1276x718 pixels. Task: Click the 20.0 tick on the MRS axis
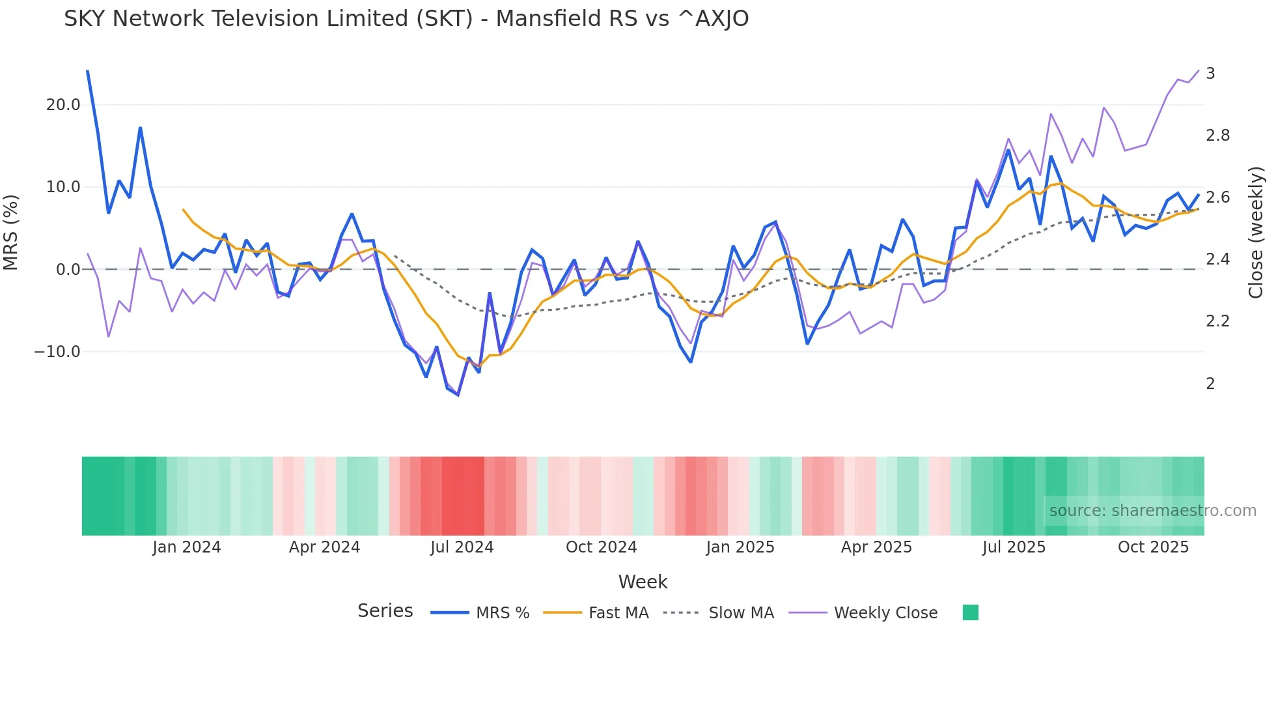(62, 105)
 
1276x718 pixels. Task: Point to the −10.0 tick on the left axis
(57, 352)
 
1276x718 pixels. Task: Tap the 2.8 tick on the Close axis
(1217, 136)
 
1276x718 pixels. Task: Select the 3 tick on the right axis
(1210, 74)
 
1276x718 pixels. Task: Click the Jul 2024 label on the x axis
(462, 547)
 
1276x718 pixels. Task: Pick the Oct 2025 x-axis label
(1153, 547)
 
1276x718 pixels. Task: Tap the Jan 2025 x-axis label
(740, 547)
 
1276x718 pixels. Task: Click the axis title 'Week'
(643, 582)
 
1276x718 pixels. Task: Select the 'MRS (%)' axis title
(11, 233)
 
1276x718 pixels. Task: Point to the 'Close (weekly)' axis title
(1256, 233)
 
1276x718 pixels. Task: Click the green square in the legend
(970, 612)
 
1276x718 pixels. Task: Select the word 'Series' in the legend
(385, 611)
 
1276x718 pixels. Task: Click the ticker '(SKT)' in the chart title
(444, 19)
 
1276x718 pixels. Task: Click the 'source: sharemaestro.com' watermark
(1152, 511)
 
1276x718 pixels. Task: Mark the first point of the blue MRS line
(87, 70)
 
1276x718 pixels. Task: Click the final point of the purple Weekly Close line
(1199, 70)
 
